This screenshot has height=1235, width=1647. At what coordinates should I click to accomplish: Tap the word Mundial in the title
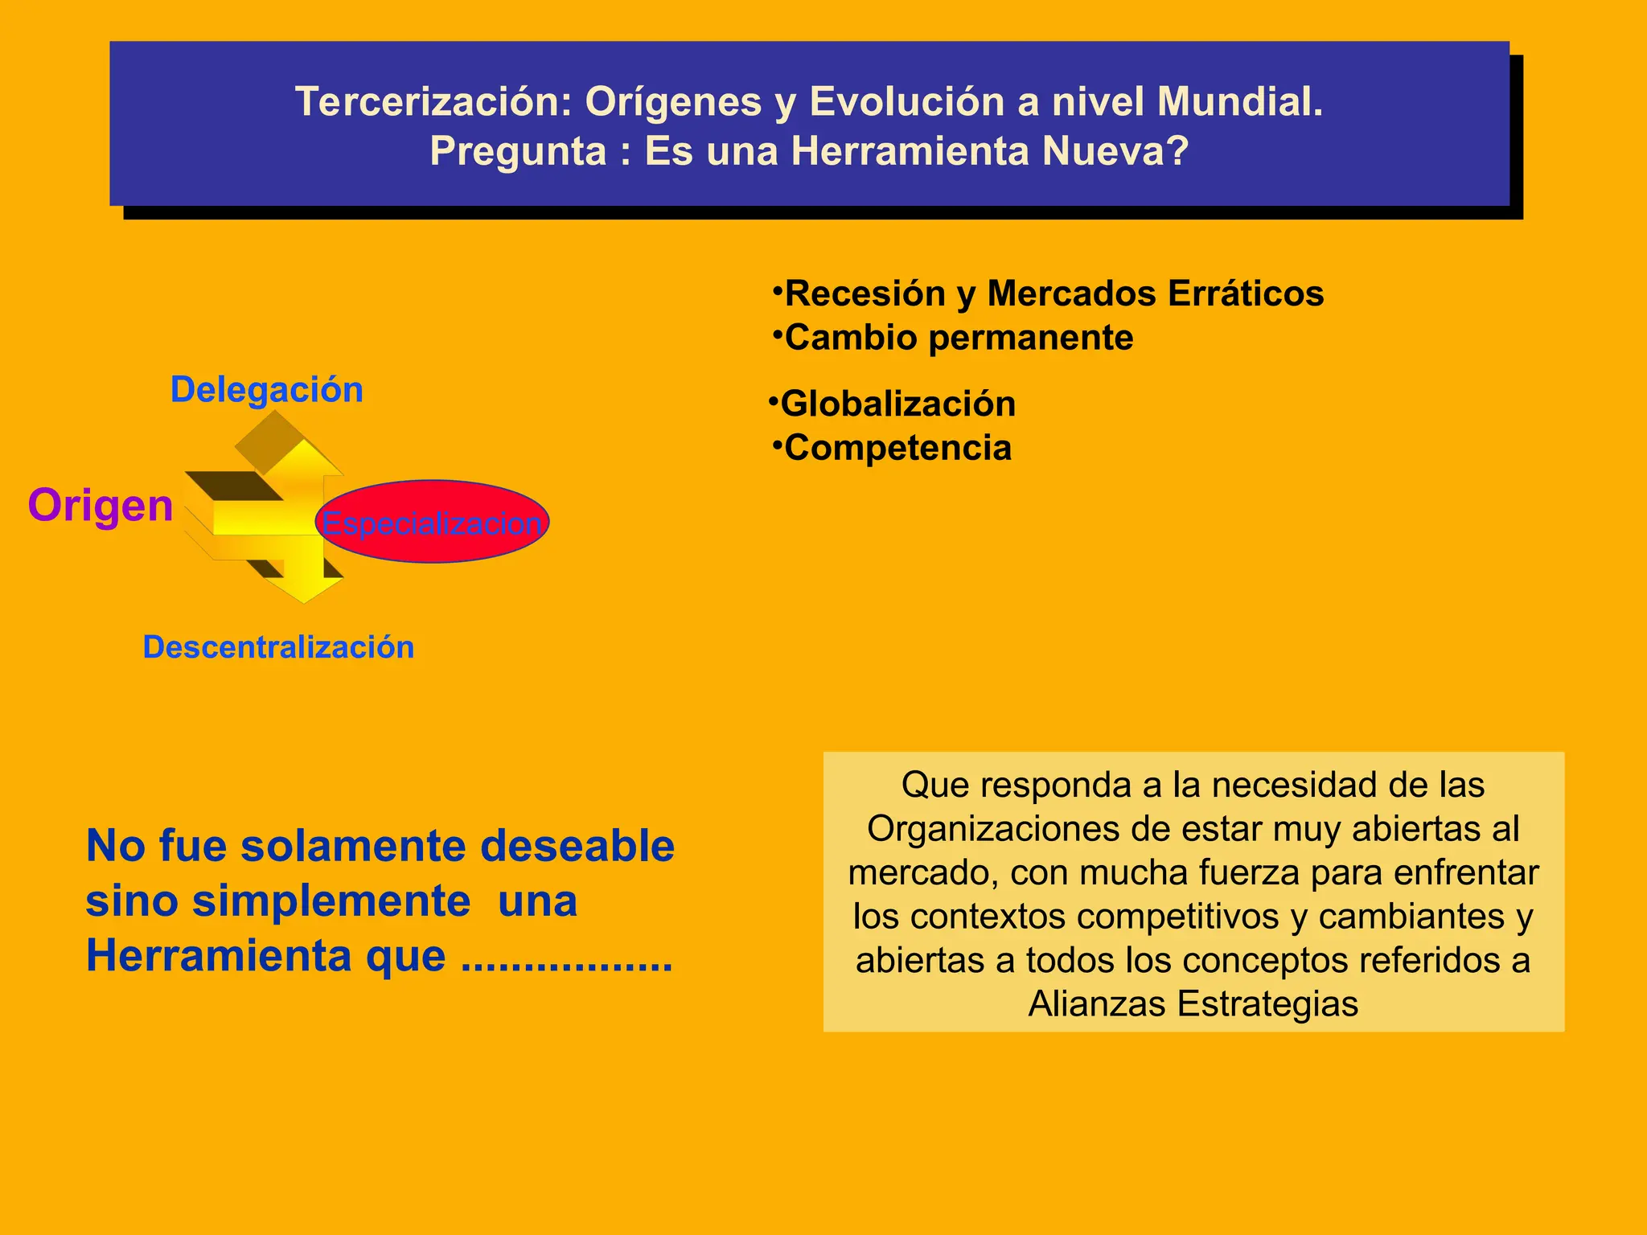click(x=1238, y=102)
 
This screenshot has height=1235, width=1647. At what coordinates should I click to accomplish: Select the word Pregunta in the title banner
click(x=518, y=151)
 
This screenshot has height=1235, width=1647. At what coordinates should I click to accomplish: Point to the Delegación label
click(x=267, y=390)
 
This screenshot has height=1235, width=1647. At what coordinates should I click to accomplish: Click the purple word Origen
click(x=101, y=506)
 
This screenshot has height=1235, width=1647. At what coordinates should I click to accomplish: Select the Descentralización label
click(x=278, y=647)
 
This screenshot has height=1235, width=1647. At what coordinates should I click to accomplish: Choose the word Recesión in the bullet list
click(x=865, y=293)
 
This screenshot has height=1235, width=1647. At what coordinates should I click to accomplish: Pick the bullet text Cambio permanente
click(x=959, y=338)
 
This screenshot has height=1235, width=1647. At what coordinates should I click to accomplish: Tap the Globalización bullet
click(x=897, y=404)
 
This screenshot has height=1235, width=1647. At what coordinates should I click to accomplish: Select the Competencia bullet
click(x=897, y=448)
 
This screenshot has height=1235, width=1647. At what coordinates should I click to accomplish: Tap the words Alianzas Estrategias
click(x=1193, y=1004)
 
